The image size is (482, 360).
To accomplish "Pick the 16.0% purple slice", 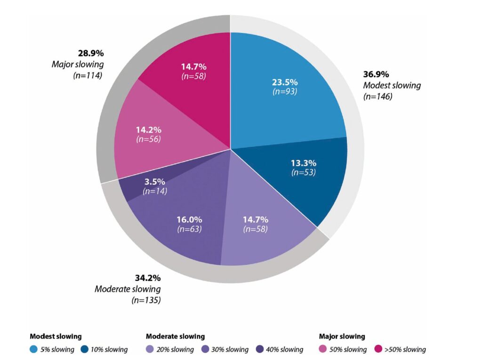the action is [x=187, y=221].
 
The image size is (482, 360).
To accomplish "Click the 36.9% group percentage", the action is [x=376, y=74].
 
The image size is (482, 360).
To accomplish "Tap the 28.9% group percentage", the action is [x=91, y=53].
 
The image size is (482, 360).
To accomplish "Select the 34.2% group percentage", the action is [x=147, y=278].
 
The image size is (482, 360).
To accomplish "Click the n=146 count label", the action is [x=378, y=96].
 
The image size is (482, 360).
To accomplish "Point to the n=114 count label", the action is [x=88, y=75].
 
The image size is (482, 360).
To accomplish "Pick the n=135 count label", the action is [x=146, y=300].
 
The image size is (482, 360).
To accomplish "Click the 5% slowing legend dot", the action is [x=33, y=349].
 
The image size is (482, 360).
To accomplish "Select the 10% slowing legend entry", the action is [x=104, y=349].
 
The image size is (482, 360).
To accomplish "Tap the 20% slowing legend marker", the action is [x=150, y=349].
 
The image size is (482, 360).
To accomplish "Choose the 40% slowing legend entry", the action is [x=280, y=349].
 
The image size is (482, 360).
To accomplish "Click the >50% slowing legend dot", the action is [x=378, y=349].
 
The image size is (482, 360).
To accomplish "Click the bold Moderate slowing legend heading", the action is [x=175, y=336].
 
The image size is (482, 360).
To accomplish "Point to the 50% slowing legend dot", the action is [x=323, y=349].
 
